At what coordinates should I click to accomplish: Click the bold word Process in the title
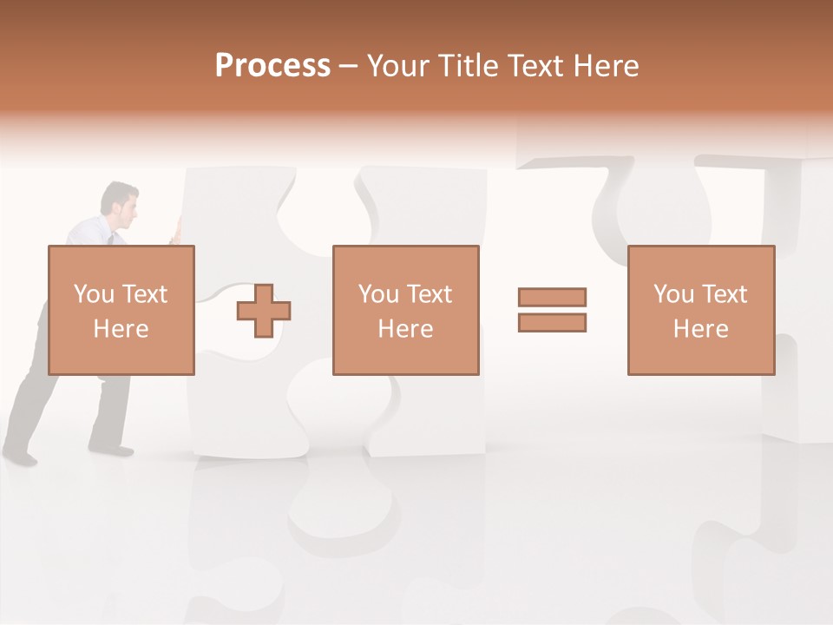click(272, 66)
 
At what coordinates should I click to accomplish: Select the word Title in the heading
click(469, 66)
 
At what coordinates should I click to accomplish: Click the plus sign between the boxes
click(264, 311)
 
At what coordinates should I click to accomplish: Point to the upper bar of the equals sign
click(552, 297)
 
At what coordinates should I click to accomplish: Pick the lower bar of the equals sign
click(552, 323)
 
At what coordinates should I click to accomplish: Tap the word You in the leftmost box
click(94, 294)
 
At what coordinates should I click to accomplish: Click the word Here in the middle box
click(405, 329)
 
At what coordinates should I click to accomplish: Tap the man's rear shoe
click(19, 456)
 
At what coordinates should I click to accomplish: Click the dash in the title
click(349, 66)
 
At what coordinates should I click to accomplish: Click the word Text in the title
click(535, 66)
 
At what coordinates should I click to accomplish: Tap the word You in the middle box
click(378, 294)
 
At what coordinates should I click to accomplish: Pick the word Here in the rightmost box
click(701, 329)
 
